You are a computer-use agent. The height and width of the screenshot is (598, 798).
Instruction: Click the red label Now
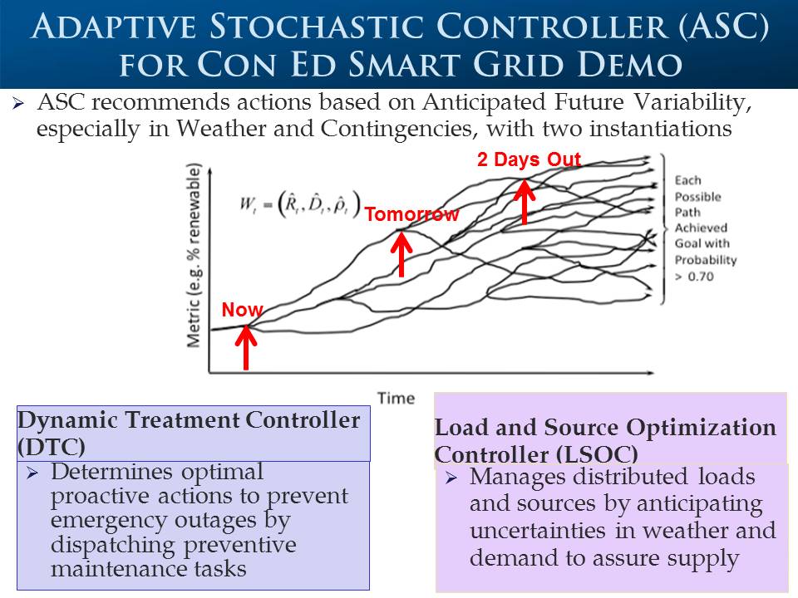click(242, 310)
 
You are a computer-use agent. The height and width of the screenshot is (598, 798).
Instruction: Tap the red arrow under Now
click(246, 347)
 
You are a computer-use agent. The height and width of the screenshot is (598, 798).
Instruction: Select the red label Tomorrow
click(411, 214)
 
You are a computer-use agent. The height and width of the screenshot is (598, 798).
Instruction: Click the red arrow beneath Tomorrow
click(401, 254)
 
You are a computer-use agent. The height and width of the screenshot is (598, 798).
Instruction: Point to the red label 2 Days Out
click(529, 159)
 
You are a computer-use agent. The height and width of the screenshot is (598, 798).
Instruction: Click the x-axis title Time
click(396, 398)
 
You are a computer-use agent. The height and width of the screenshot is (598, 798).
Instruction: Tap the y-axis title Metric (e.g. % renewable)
click(194, 255)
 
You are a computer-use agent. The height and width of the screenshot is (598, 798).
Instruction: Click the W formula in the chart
click(300, 204)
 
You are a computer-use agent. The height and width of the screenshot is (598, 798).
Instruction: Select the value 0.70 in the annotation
click(701, 277)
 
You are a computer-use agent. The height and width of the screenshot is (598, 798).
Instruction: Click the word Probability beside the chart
click(706, 260)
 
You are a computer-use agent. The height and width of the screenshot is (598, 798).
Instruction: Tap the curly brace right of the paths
click(663, 229)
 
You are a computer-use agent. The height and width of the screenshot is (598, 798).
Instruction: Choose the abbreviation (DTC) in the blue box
click(52, 448)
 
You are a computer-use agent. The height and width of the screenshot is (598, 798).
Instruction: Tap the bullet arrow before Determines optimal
click(33, 473)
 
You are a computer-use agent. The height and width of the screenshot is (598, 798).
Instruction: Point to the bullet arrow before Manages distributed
click(451, 478)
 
